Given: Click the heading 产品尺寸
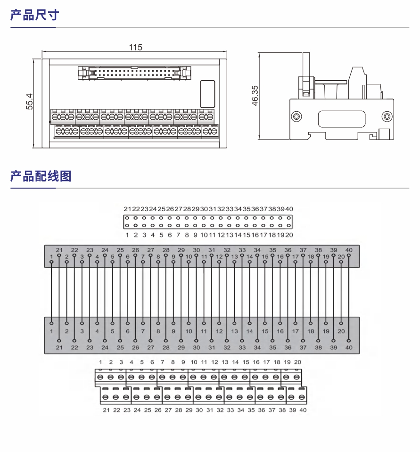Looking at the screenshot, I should [x=35, y=15].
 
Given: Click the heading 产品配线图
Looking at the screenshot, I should [x=41, y=176].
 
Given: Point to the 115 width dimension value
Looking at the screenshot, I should [x=135, y=47].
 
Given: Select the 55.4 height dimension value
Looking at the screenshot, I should [x=30, y=101].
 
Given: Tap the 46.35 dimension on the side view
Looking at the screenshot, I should [x=255, y=96].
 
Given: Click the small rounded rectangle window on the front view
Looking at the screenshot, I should [x=207, y=93].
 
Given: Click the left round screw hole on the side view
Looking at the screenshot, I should [x=296, y=116].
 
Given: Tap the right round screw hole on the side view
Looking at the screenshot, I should [x=387, y=116].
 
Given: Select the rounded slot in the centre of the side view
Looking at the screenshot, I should [x=341, y=118].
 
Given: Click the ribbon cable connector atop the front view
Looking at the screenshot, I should [x=135, y=73].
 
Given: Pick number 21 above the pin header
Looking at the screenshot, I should [x=127, y=209].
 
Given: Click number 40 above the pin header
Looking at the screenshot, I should [x=289, y=209].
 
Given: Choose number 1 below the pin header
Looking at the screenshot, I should [x=127, y=235].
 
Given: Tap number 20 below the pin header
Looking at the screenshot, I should [x=289, y=235].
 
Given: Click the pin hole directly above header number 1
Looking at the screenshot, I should [x=127, y=226].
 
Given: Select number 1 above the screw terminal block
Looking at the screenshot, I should [x=100, y=362].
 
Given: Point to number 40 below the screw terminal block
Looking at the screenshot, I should [x=303, y=410].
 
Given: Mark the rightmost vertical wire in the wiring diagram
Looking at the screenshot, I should [x=349, y=297].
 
